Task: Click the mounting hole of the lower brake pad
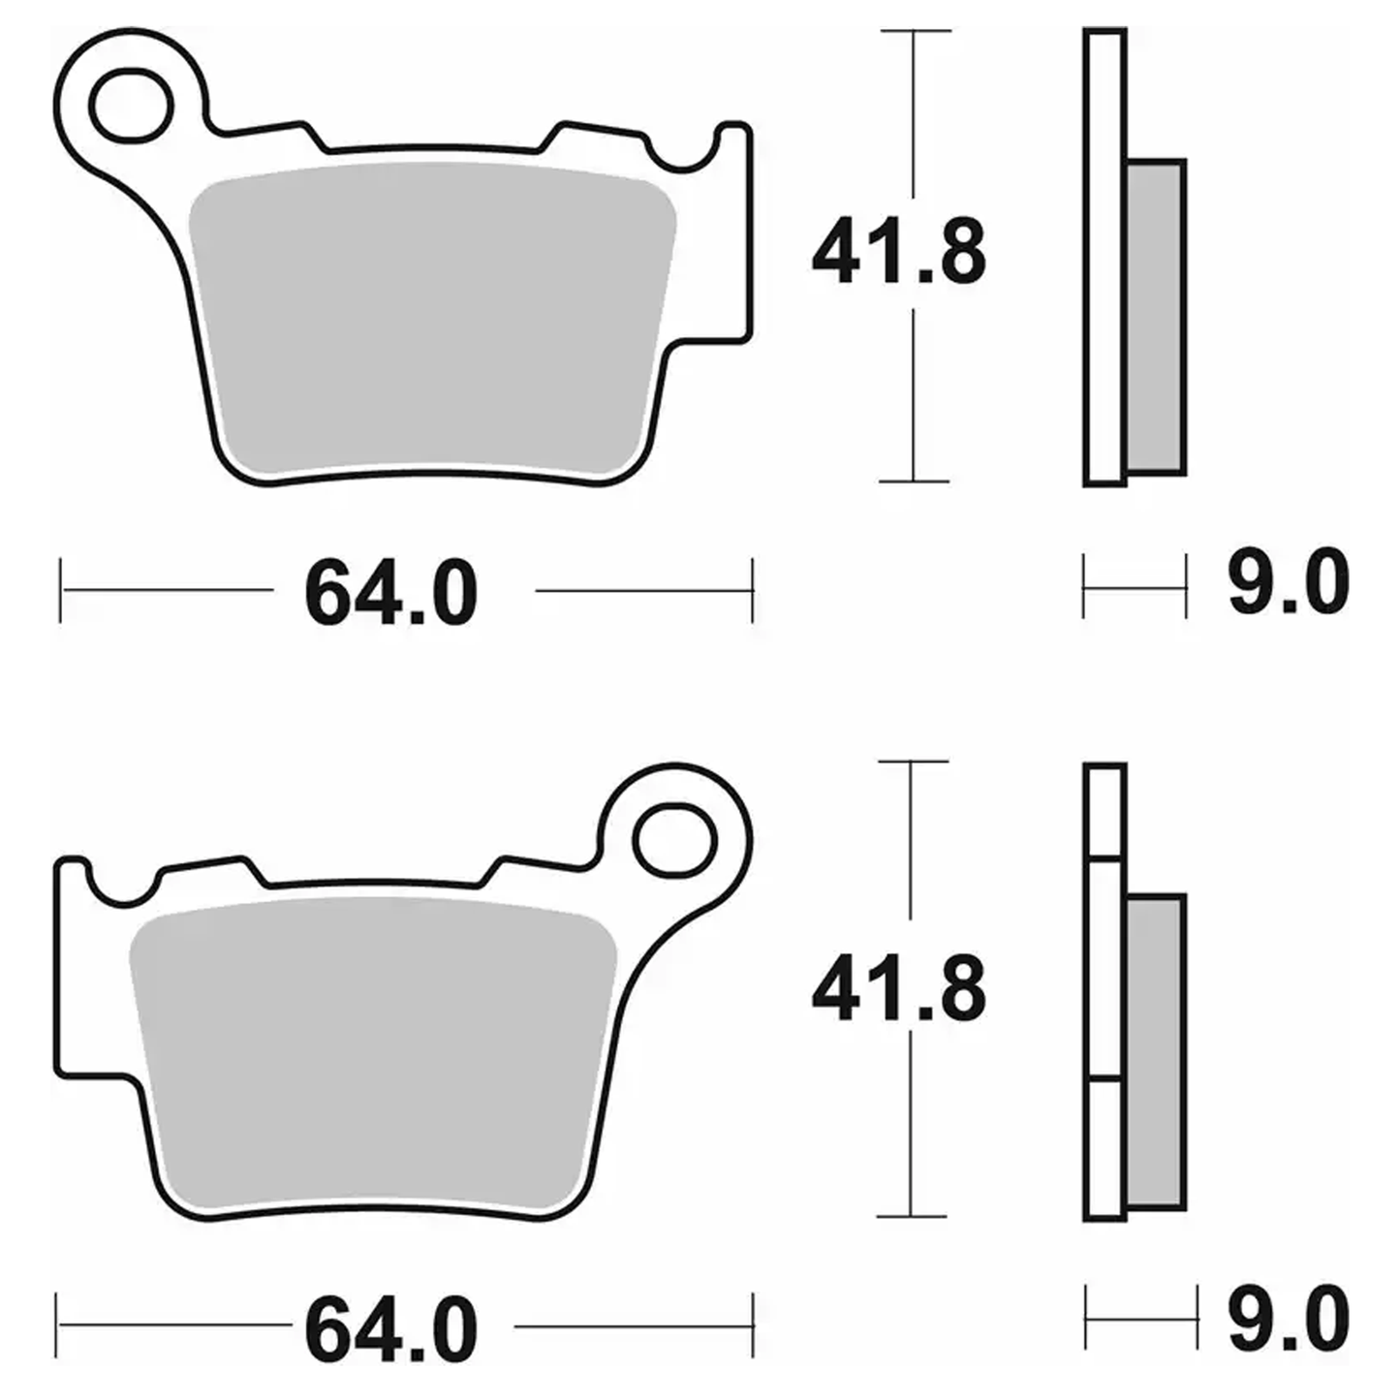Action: click(x=674, y=841)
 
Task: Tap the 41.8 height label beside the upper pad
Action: click(x=899, y=252)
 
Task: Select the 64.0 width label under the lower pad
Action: click(x=390, y=1329)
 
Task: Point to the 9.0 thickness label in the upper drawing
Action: click(x=1289, y=582)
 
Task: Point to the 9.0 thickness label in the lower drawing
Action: click(x=1289, y=1318)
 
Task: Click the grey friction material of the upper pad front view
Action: click(x=433, y=320)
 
